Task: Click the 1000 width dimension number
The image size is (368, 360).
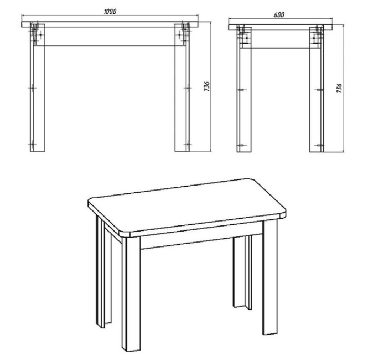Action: click(x=110, y=12)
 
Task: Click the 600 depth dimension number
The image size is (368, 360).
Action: click(x=279, y=15)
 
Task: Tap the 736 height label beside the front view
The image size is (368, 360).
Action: click(x=206, y=86)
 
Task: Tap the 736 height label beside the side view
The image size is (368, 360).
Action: click(x=339, y=88)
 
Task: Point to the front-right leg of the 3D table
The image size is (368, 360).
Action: click(x=270, y=277)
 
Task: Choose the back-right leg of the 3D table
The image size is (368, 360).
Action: click(x=242, y=272)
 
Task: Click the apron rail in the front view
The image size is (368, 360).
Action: click(x=110, y=36)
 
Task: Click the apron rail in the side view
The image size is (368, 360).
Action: click(x=280, y=39)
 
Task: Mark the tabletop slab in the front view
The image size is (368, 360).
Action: click(x=110, y=24)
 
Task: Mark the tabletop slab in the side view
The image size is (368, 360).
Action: click(x=281, y=28)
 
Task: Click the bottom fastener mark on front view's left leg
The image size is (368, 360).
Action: click(x=33, y=145)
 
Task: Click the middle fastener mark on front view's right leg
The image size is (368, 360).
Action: click(x=187, y=88)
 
